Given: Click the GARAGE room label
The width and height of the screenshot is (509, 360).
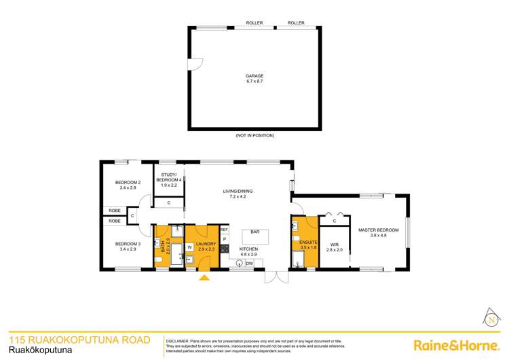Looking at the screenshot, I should pos(254,77).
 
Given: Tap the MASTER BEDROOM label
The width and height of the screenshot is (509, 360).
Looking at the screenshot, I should pos(379,230).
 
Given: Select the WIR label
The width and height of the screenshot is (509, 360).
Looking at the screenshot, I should pos(335,247).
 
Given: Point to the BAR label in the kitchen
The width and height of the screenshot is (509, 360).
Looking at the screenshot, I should pos(255,232).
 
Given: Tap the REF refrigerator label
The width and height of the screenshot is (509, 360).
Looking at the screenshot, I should pos(224,229).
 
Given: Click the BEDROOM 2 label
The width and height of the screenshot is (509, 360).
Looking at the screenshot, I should pos(128,183).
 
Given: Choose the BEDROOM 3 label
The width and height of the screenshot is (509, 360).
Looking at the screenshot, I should pos(128,244).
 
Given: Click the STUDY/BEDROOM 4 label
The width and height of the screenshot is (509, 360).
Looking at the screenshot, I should pos(168,178).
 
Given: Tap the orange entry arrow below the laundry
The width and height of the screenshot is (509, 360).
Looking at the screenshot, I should pos(204,276).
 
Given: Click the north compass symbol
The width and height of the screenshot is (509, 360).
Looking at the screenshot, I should pos(490,318).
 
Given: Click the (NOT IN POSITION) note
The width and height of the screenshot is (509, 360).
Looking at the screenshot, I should pos(254,136).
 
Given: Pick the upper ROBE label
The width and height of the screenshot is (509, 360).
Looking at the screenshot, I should pos(114,211).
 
